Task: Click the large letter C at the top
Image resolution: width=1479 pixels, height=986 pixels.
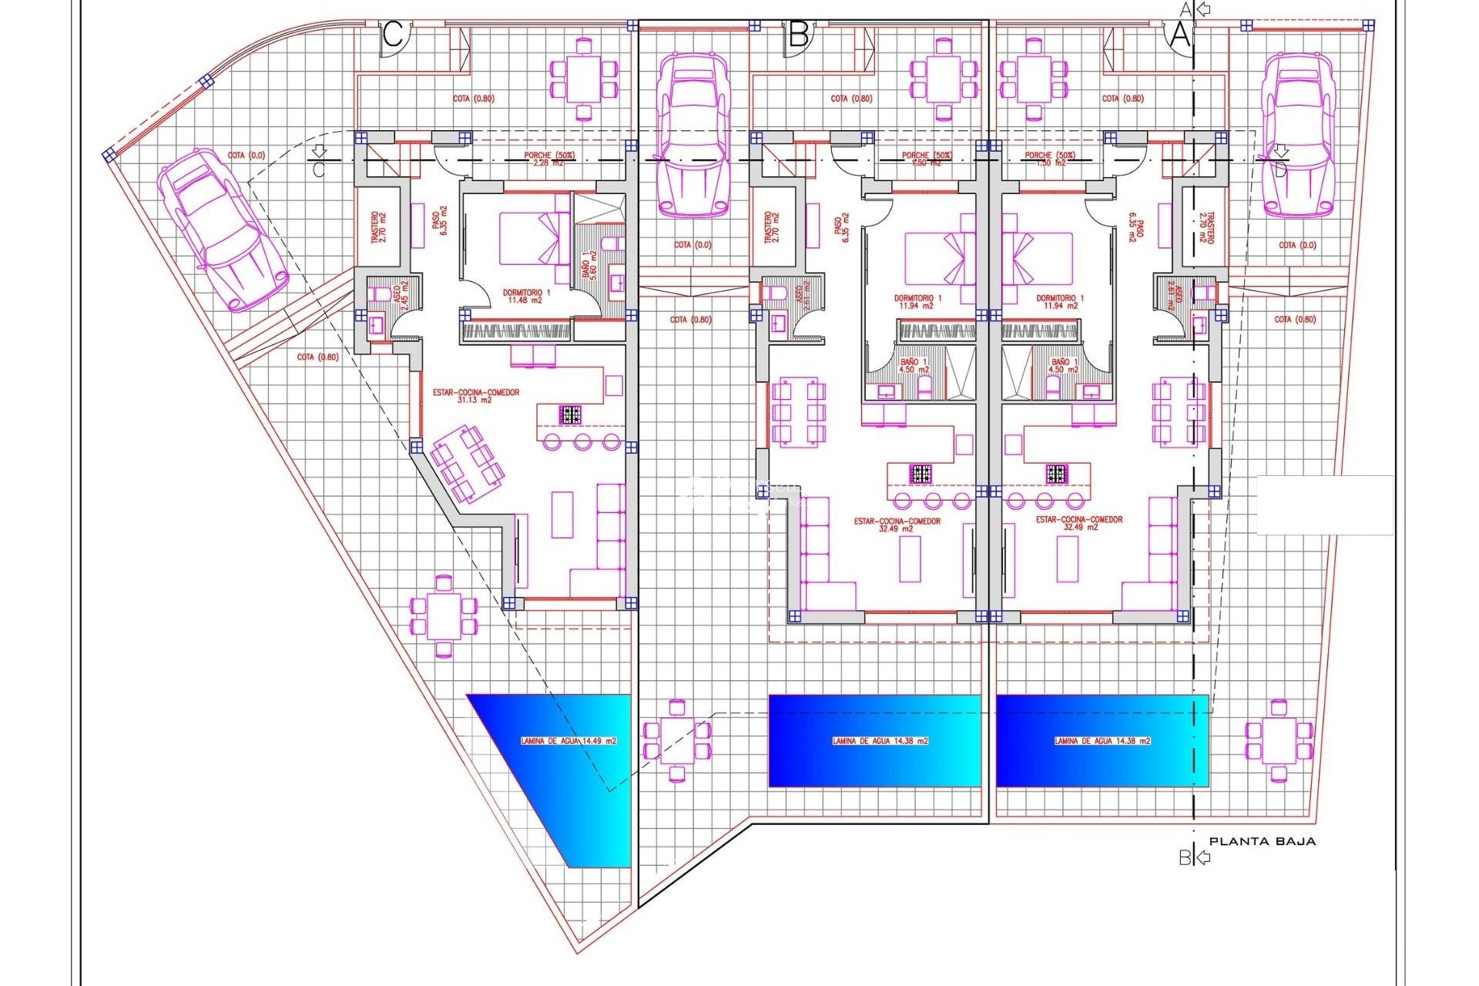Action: (393, 35)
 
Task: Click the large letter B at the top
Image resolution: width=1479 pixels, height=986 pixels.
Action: (799, 35)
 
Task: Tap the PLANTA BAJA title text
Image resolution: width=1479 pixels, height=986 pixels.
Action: (1262, 841)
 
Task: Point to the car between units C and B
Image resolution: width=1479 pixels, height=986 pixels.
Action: (692, 135)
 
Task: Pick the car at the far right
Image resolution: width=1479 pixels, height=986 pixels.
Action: (1297, 135)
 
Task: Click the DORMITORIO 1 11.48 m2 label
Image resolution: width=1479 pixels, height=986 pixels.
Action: (526, 297)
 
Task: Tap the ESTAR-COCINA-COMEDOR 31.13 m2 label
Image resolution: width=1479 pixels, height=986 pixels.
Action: (475, 396)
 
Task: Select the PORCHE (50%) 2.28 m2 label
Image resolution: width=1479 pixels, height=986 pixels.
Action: (549, 159)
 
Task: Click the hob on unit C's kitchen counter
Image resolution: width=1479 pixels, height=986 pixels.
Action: (570, 415)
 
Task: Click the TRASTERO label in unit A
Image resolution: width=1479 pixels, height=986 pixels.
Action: (1206, 228)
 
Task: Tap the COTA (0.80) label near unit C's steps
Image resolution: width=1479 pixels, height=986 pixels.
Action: (317, 357)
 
